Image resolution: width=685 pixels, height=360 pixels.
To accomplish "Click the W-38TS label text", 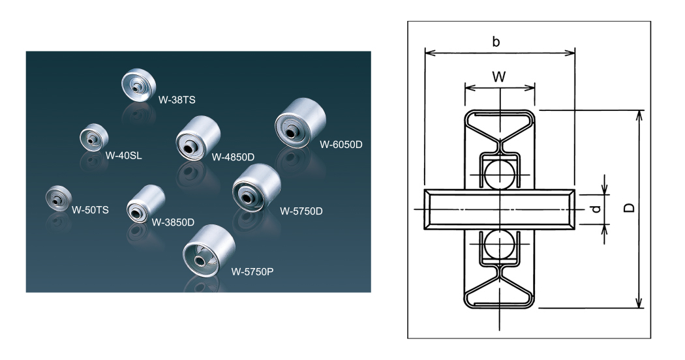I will click(177, 100).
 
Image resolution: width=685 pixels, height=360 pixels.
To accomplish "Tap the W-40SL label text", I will click(123, 156).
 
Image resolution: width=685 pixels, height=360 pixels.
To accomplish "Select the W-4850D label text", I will click(232, 157).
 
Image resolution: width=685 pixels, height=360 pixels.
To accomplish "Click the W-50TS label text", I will click(90, 210).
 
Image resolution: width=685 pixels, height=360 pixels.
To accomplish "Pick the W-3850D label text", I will click(173, 222).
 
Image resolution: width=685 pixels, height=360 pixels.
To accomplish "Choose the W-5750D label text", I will click(301, 211).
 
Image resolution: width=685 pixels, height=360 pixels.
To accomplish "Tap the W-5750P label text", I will click(252, 271).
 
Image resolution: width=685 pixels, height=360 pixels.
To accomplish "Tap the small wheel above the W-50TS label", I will click(59, 198).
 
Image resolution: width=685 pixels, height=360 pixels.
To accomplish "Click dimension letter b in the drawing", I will click(496, 42).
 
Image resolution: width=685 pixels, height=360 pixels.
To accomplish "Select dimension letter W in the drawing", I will click(499, 77).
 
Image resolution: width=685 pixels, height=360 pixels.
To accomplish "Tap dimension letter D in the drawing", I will click(630, 208).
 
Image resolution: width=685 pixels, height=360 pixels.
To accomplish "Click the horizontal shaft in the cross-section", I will click(500, 209).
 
